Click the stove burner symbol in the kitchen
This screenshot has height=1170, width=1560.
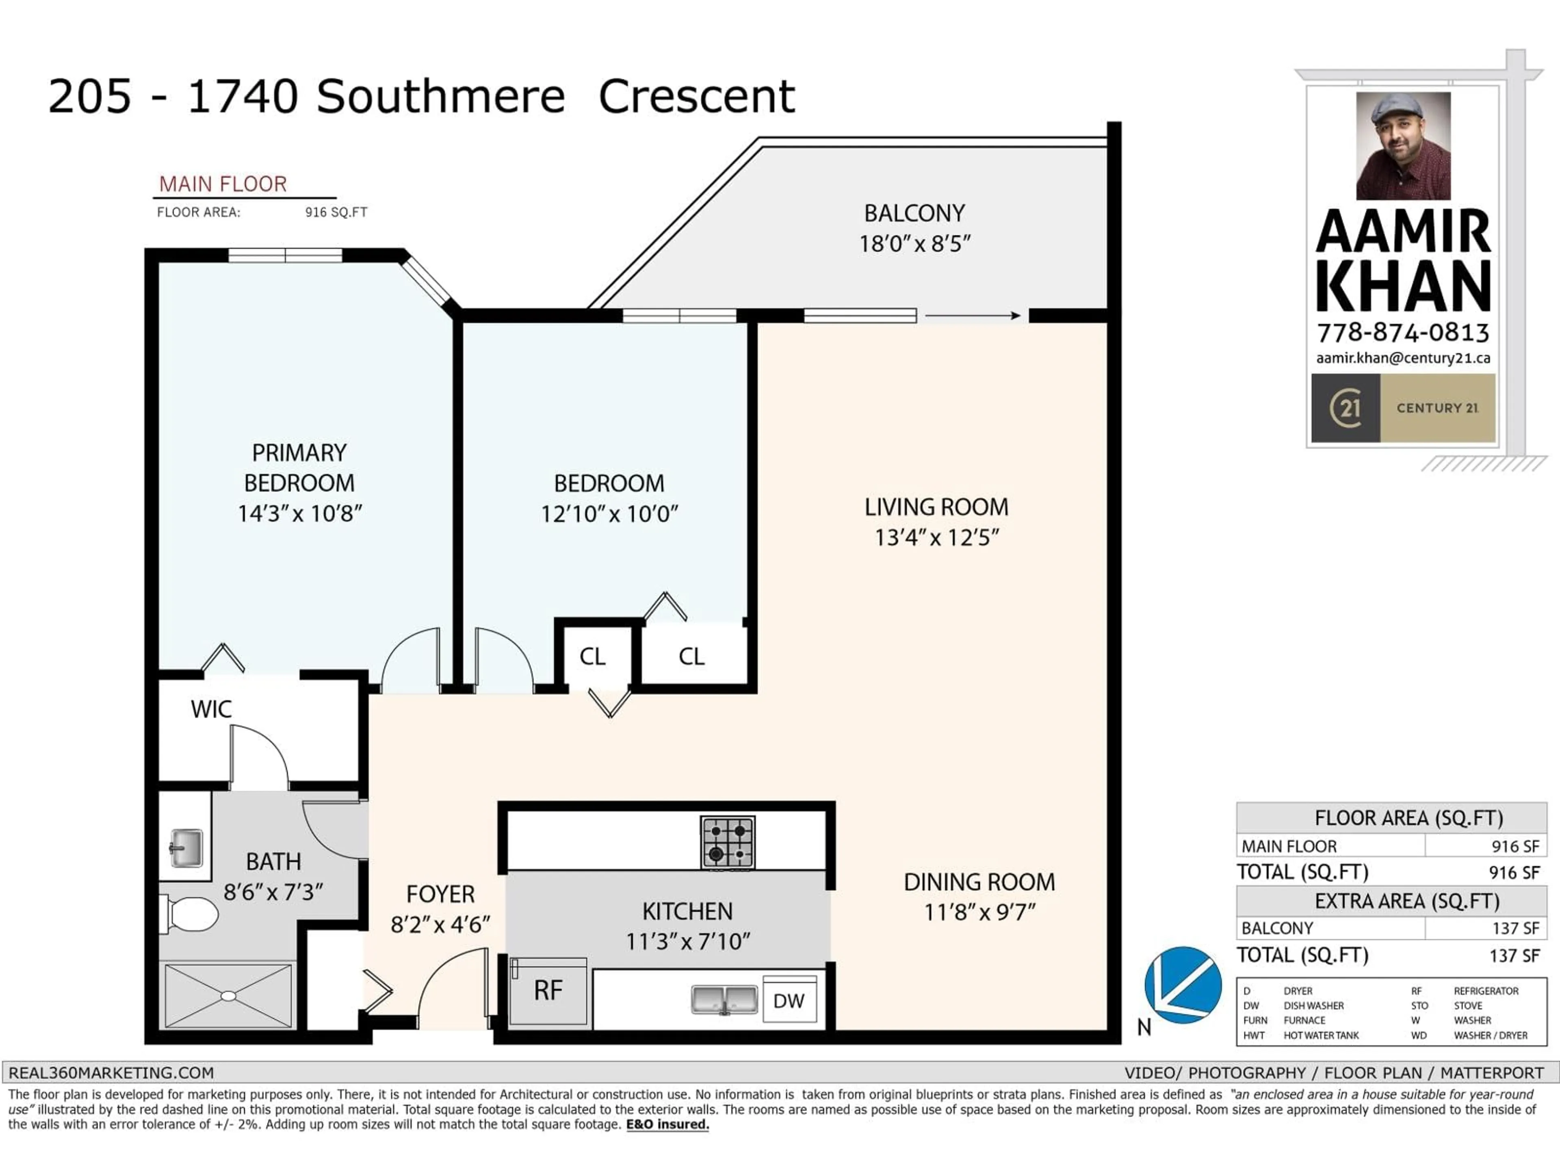click(x=728, y=842)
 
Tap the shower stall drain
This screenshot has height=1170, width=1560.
click(x=228, y=996)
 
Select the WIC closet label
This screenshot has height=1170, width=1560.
click(x=211, y=709)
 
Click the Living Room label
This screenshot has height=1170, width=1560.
click(x=936, y=507)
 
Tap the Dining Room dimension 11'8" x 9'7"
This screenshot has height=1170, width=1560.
click(x=979, y=912)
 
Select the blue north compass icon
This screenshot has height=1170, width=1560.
click(x=1183, y=985)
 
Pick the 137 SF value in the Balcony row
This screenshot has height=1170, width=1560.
click(x=1515, y=928)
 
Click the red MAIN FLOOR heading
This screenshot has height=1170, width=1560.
click(x=223, y=184)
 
